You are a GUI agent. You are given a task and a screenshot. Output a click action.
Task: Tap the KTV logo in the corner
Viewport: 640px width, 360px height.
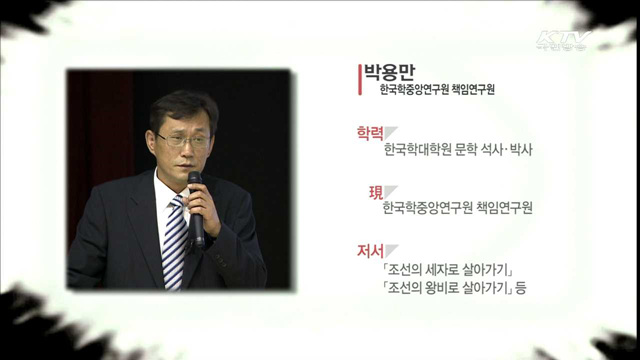[x=563, y=41]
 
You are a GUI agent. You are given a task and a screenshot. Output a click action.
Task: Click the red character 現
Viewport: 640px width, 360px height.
[x=375, y=191]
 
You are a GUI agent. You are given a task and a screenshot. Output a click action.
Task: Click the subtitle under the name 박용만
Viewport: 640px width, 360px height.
[x=438, y=91]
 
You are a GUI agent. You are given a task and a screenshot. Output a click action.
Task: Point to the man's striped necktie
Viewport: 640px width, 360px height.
[x=175, y=240]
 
